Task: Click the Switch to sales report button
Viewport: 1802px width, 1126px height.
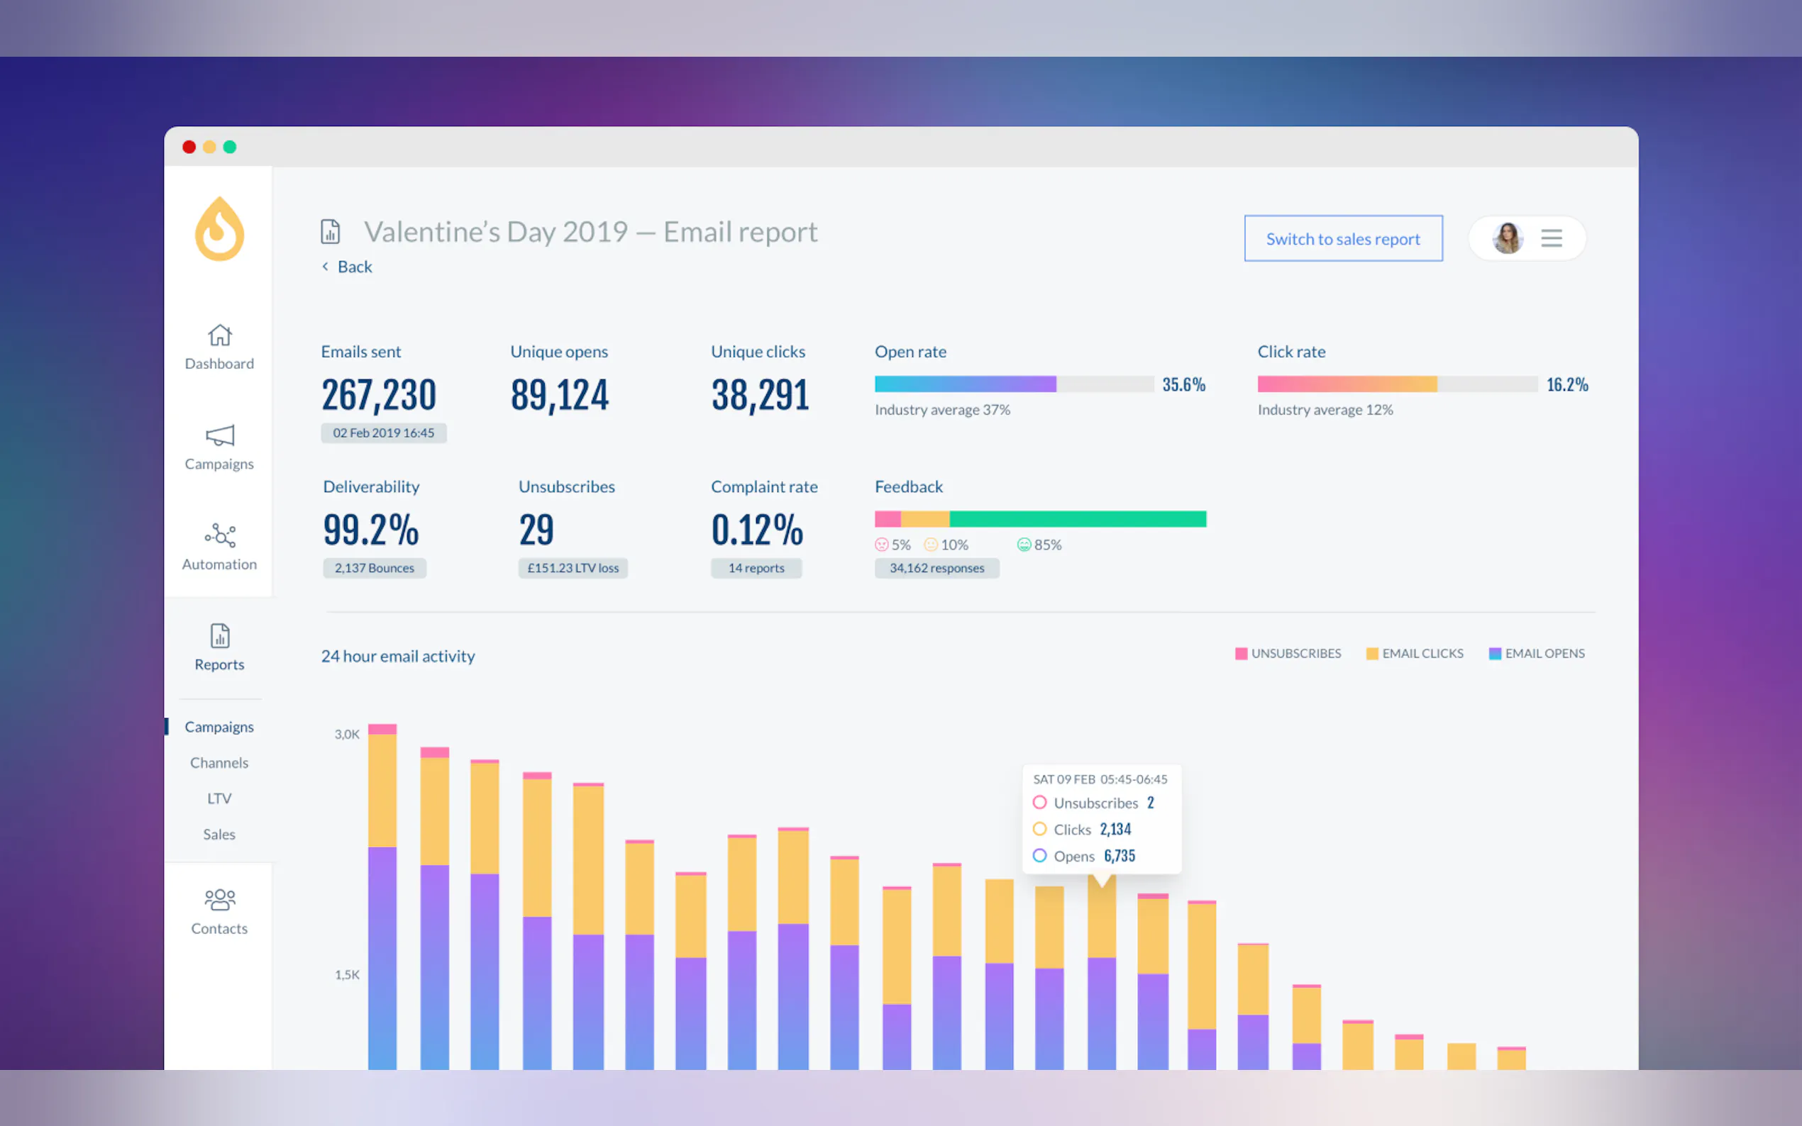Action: click(x=1342, y=239)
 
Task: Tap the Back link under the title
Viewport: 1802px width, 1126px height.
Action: click(x=354, y=267)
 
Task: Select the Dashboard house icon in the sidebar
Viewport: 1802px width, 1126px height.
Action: click(x=220, y=335)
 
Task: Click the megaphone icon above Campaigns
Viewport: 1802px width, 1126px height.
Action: click(x=220, y=435)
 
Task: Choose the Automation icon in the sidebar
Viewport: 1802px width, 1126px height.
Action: click(x=220, y=535)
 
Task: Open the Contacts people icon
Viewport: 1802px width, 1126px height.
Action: click(x=220, y=900)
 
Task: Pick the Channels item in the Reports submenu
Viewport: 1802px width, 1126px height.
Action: click(x=219, y=762)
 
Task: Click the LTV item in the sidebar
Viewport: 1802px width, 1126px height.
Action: click(x=219, y=798)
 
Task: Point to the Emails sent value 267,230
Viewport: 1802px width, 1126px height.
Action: click(x=378, y=395)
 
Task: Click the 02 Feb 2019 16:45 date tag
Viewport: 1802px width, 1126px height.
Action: click(x=383, y=433)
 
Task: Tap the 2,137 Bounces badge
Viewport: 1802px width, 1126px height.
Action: click(x=374, y=568)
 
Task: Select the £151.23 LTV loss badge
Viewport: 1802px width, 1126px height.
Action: click(x=573, y=568)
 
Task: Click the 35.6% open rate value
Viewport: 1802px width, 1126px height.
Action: click(x=1183, y=385)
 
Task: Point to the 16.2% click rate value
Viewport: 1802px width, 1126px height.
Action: click(x=1566, y=385)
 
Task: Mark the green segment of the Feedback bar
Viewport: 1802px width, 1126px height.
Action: click(x=1077, y=519)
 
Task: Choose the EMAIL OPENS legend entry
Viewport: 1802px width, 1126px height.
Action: click(x=1537, y=654)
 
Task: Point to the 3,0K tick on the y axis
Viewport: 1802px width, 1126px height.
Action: click(x=347, y=735)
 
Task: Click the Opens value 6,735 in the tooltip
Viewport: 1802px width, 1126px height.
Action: click(x=1119, y=857)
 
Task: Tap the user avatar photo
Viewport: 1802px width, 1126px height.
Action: click(x=1507, y=238)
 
